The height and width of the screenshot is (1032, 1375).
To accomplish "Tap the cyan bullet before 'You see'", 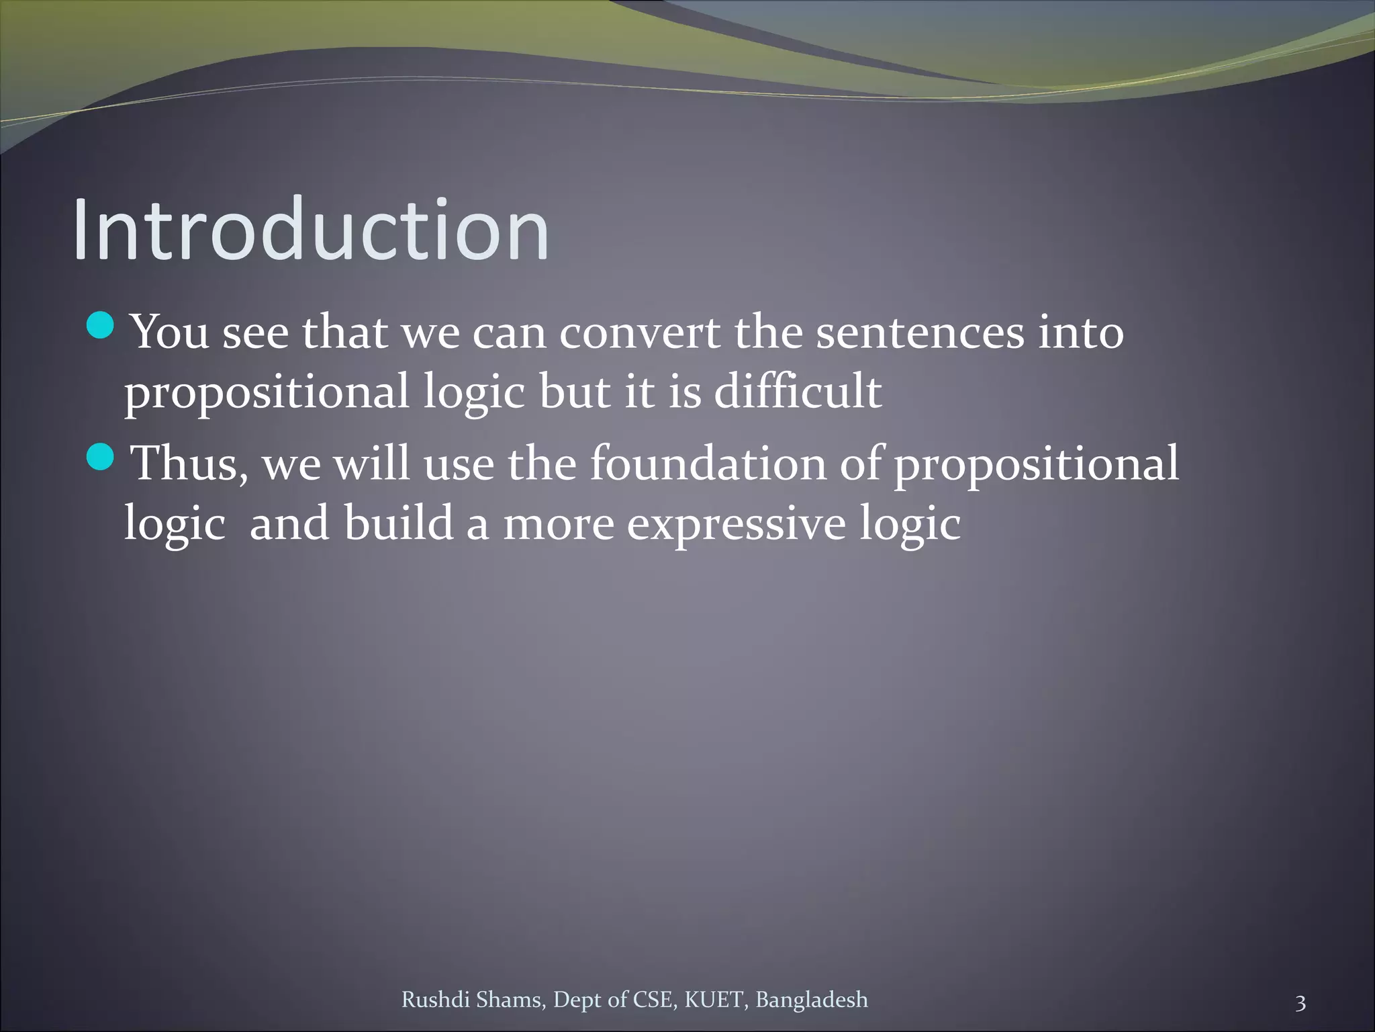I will coord(101,326).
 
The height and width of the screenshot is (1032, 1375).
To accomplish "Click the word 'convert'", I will coord(639,333).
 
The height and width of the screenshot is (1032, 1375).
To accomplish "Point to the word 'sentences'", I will coord(920,333).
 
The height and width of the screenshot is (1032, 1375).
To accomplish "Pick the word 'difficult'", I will coord(798,392).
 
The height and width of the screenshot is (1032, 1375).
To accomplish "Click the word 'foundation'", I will coord(708,464).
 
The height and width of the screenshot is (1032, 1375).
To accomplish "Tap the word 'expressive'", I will coord(736,523).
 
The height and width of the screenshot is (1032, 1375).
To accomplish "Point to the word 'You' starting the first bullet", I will coord(171,333).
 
